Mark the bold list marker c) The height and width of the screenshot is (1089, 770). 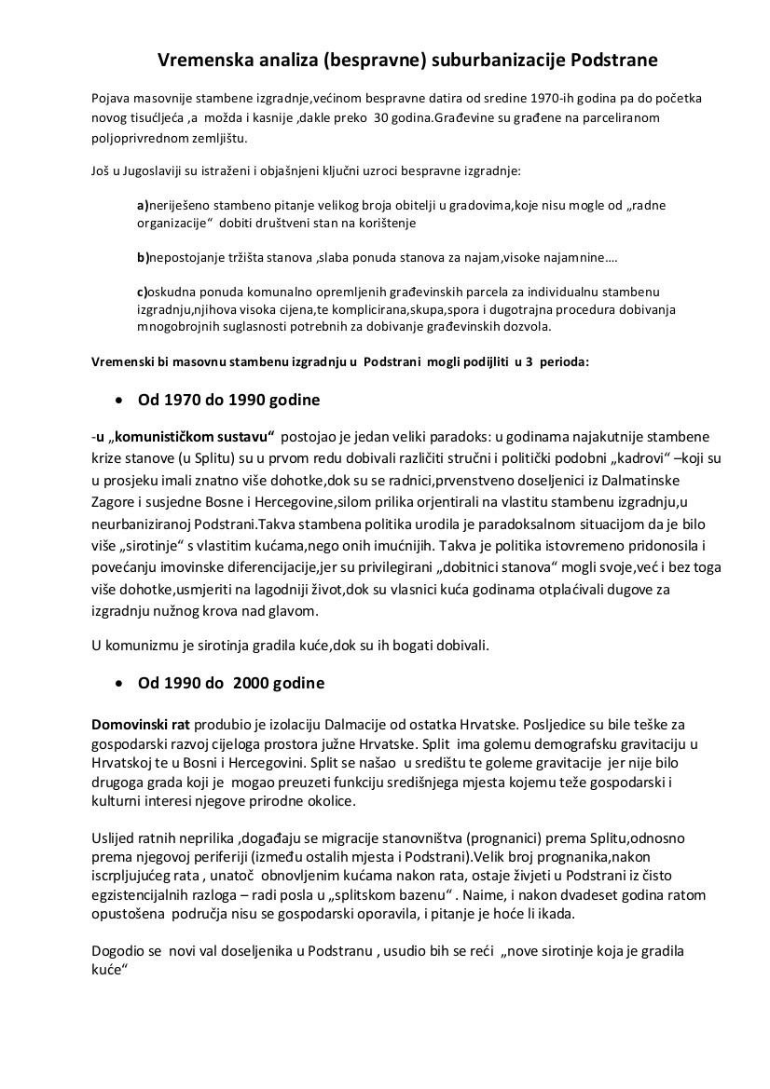(x=143, y=293)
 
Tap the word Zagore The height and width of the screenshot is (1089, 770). (x=114, y=502)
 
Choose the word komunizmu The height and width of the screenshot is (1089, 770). (x=144, y=644)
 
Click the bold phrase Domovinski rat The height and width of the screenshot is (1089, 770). (x=131, y=724)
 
